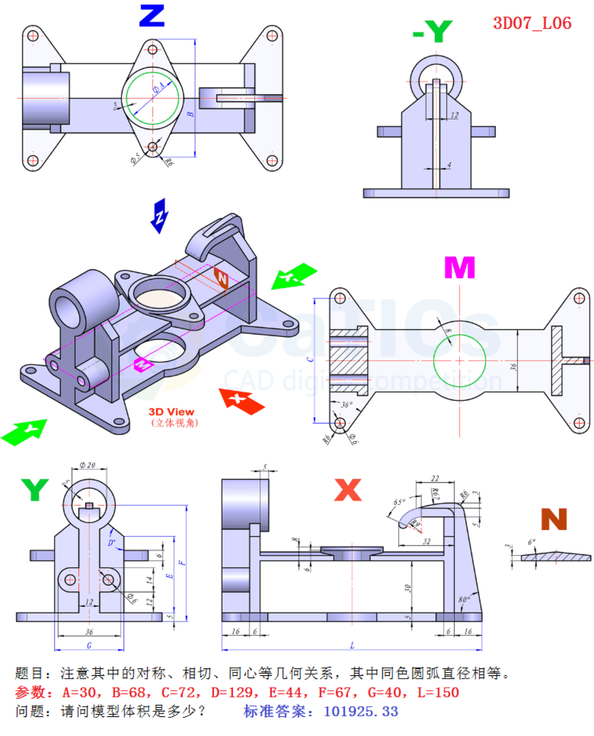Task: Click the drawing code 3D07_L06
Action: click(x=532, y=23)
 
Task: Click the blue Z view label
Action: click(x=152, y=16)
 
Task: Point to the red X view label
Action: click(x=348, y=490)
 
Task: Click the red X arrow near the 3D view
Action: click(x=241, y=400)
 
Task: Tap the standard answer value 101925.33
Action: click(x=361, y=711)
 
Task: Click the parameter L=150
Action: click(x=438, y=692)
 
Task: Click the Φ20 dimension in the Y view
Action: click(x=87, y=465)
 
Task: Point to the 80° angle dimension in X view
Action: click(x=464, y=599)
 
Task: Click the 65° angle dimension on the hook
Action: click(x=399, y=502)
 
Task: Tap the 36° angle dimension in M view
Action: click(x=347, y=404)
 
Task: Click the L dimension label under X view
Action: click(x=352, y=645)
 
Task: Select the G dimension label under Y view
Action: click(x=89, y=645)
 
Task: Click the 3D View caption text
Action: click(x=171, y=412)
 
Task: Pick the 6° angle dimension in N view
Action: click(x=531, y=542)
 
